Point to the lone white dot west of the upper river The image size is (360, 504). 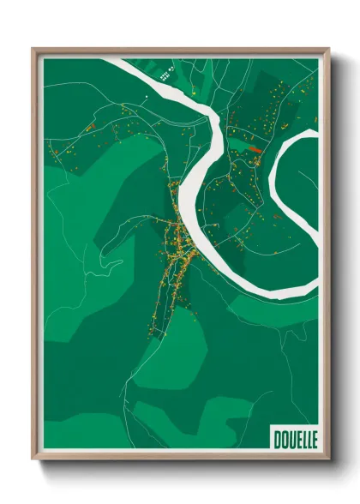point(147,98)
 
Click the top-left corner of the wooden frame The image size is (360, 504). point(33,49)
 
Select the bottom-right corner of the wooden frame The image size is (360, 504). point(329,461)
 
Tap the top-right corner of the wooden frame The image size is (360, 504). point(329,49)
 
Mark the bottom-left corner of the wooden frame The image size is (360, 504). point(33,461)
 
